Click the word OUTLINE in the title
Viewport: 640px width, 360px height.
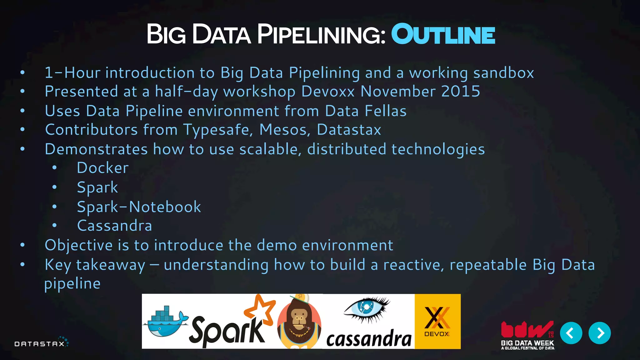click(443, 34)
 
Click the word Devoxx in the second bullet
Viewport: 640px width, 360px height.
click(328, 91)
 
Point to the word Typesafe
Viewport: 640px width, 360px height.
click(218, 130)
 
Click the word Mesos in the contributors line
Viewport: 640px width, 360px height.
click(284, 130)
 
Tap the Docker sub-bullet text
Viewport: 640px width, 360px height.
click(102, 168)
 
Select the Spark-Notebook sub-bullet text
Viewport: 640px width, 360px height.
click(139, 207)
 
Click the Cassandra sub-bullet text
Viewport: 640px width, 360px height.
click(114, 226)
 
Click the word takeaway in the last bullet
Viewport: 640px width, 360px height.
click(111, 265)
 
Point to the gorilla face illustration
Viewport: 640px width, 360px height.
click(299, 322)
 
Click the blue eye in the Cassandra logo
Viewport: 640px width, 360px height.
click(366, 308)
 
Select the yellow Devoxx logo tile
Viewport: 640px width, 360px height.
click(437, 321)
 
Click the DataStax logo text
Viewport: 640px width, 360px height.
click(40, 344)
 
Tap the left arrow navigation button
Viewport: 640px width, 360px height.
click(571, 333)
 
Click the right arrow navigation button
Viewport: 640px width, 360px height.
click(599, 333)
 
